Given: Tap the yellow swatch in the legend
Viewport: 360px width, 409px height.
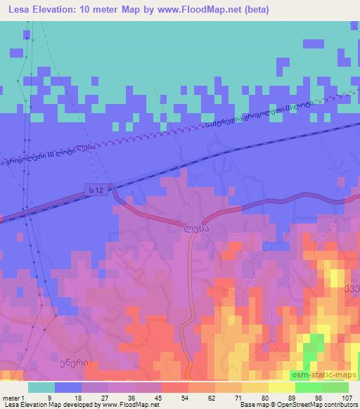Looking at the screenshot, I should coord(255,387).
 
